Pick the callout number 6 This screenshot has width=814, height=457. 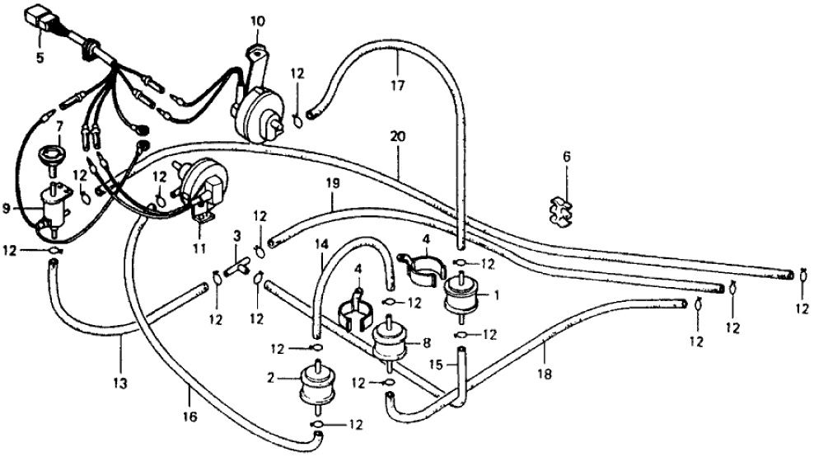click(567, 156)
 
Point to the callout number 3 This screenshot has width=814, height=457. click(236, 236)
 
